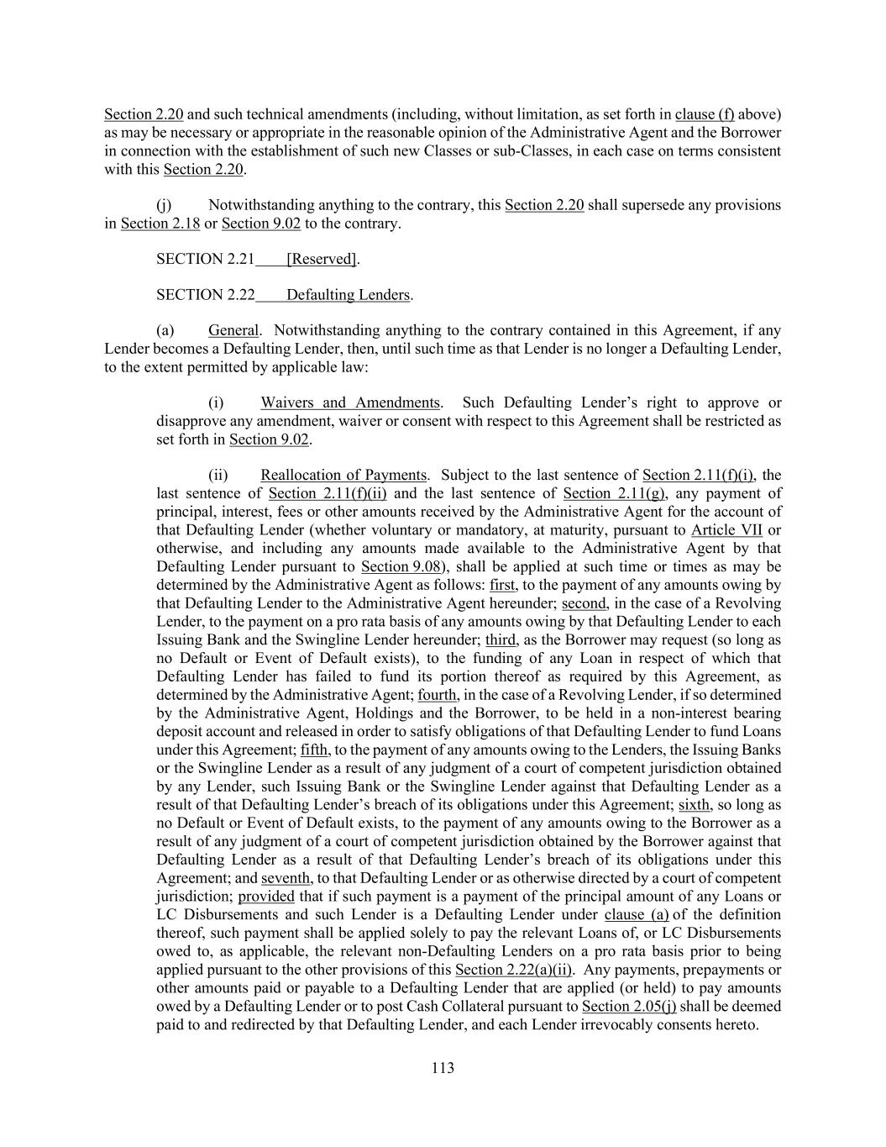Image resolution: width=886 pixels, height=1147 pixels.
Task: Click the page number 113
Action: (x=443, y=1068)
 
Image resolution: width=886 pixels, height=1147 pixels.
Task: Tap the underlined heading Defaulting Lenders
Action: (x=349, y=295)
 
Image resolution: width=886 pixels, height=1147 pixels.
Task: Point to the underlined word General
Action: (x=233, y=330)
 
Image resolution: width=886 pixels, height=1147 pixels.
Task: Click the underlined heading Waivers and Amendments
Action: (x=350, y=403)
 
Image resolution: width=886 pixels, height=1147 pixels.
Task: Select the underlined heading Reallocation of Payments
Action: (x=343, y=476)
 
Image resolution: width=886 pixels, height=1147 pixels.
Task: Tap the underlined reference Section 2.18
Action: (x=160, y=224)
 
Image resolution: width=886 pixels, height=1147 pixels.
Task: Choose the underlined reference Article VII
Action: (x=726, y=530)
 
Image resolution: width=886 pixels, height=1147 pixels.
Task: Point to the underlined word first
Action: (x=502, y=585)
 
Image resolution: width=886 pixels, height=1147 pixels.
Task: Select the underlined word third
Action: (x=501, y=639)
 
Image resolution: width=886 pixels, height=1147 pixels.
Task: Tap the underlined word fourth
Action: (x=437, y=695)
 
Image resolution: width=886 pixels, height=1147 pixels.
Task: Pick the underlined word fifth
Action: (x=315, y=750)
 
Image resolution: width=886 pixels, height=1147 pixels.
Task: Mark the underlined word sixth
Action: (x=694, y=804)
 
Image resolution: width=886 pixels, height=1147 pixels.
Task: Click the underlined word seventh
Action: (x=286, y=878)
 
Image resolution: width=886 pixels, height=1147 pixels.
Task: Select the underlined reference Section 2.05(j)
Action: (x=629, y=1006)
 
